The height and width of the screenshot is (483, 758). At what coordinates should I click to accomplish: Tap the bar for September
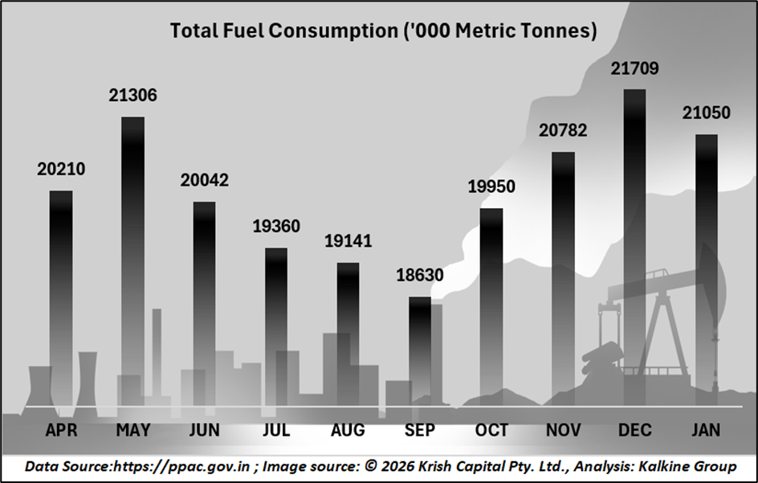click(x=420, y=354)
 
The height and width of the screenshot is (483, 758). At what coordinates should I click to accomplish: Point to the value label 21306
click(x=132, y=96)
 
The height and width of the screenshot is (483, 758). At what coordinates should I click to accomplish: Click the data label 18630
click(x=420, y=276)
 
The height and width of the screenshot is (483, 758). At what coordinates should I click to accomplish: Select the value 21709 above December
click(x=634, y=69)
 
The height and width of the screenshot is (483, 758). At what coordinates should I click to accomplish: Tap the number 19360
click(x=275, y=227)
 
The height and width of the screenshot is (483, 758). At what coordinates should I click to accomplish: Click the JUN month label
click(x=204, y=431)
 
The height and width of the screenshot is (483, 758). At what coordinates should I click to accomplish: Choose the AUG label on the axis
click(x=348, y=431)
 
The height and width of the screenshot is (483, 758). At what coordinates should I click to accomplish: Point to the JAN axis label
click(x=706, y=431)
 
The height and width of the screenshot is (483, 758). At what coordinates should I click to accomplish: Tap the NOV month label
click(x=563, y=431)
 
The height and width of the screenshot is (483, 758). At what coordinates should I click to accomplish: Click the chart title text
click(x=383, y=31)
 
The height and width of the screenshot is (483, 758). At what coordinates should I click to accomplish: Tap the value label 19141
click(x=348, y=241)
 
